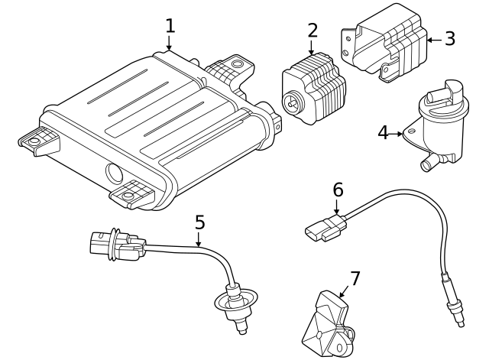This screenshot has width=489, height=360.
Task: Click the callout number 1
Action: [x=170, y=25]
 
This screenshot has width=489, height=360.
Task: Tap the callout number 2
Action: [x=312, y=31]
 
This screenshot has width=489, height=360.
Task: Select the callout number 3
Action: [x=449, y=38]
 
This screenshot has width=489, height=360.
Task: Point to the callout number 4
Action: [x=384, y=132]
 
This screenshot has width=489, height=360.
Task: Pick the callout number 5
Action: [x=199, y=222]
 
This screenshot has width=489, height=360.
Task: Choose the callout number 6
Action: [x=338, y=189]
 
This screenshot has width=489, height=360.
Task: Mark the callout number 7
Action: [x=355, y=278]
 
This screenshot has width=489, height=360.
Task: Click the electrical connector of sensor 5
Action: [x=115, y=244]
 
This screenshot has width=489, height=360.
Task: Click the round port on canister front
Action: [x=114, y=174]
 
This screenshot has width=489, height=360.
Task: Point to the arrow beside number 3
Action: [x=432, y=39]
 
